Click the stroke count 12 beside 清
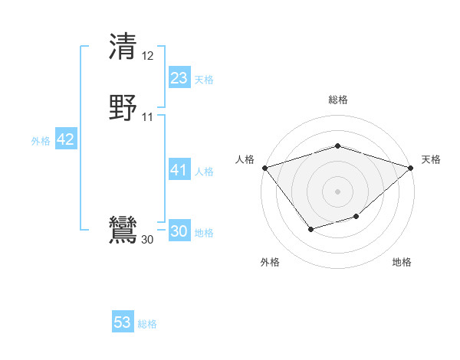coord(148,56)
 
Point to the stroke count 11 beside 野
coord(148,117)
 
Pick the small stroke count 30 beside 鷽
coord(147,240)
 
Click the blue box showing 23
coord(179,78)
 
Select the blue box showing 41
coord(179,170)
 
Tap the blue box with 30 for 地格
coord(179,231)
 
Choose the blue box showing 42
coord(65,139)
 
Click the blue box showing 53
coord(123,322)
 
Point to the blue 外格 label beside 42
coord(41,141)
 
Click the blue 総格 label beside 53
coord(147,324)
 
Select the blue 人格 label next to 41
coord(205,172)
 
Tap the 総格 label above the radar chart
coord(337,100)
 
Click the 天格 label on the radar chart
coord(431,159)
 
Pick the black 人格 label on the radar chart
coord(245,159)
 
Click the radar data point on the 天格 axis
coord(411,167)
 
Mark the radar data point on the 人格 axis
coord(264,167)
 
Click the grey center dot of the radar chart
coord(337,191)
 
